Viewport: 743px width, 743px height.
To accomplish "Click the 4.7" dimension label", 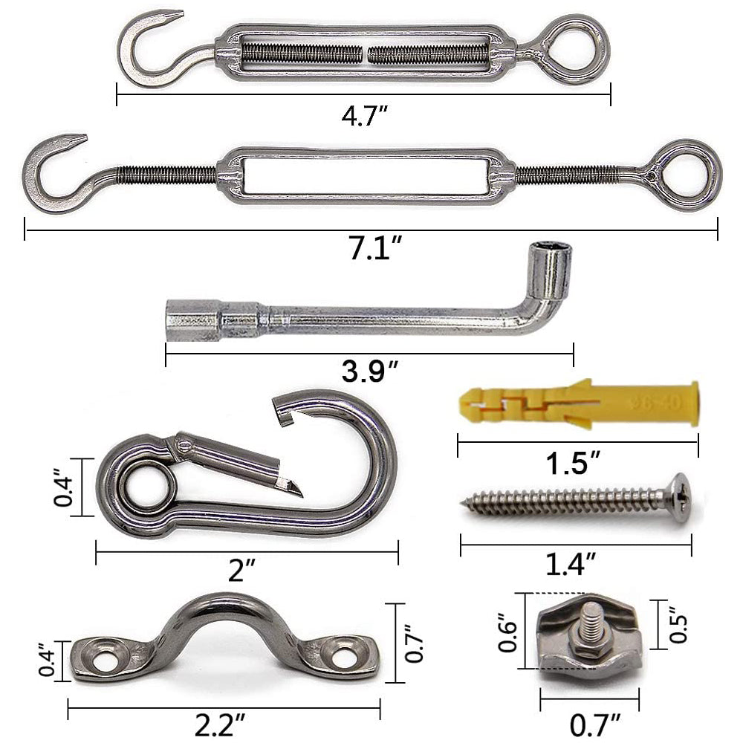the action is tap(364, 116).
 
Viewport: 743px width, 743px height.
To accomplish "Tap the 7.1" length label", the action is tap(376, 247).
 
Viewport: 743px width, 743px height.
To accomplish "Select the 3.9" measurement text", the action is tap(369, 370).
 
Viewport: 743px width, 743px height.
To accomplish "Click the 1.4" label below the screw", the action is tap(570, 563).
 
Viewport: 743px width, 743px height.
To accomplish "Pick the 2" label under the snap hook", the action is tap(241, 569).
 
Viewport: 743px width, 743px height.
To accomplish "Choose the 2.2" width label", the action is tap(220, 725).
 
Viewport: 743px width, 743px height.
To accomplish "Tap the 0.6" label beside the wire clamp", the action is tap(507, 631).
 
